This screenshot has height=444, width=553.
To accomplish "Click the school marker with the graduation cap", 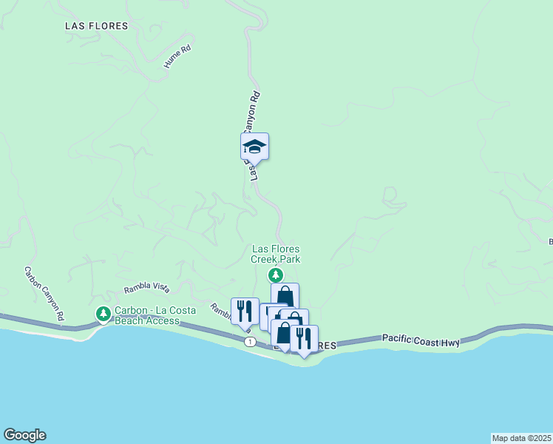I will pyautogui.click(x=254, y=147).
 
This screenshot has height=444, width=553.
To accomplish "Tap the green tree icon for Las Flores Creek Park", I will pyautogui.click(x=276, y=275).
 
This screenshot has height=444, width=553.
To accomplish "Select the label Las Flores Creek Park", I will pyautogui.click(x=276, y=255).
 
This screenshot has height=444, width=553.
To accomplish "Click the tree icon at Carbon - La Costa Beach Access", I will pyautogui.click(x=103, y=314).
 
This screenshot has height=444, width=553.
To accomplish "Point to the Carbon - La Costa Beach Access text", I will pyautogui.click(x=146, y=315).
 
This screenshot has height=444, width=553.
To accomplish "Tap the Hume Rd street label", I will pyautogui.click(x=177, y=58).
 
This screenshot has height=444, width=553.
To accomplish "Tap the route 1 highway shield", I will pyautogui.click(x=252, y=341).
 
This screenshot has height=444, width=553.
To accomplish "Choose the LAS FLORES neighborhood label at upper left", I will pyautogui.click(x=96, y=26).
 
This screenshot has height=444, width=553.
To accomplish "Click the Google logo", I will pyautogui.click(x=24, y=435).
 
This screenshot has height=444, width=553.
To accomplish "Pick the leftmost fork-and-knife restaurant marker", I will pyautogui.click(x=245, y=312).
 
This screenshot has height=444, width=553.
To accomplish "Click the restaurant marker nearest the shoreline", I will pyautogui.click(x=304, y=339).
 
